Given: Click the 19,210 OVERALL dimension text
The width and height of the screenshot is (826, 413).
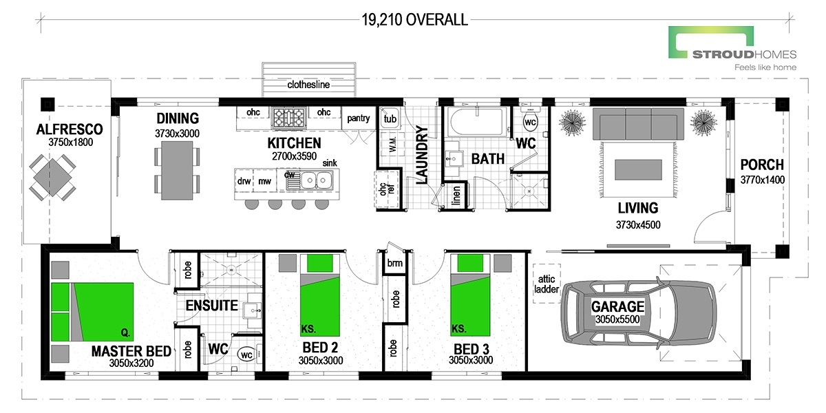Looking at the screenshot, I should point(414,20).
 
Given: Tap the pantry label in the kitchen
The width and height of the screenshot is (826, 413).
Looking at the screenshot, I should point(359,118).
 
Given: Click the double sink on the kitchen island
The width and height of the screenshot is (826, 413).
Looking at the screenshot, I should point(317,181).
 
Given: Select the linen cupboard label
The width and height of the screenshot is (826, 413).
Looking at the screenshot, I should point(456,195).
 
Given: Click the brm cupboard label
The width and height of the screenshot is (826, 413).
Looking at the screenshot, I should point(394,264).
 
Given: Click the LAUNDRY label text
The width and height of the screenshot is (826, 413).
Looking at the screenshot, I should point(422,155).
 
